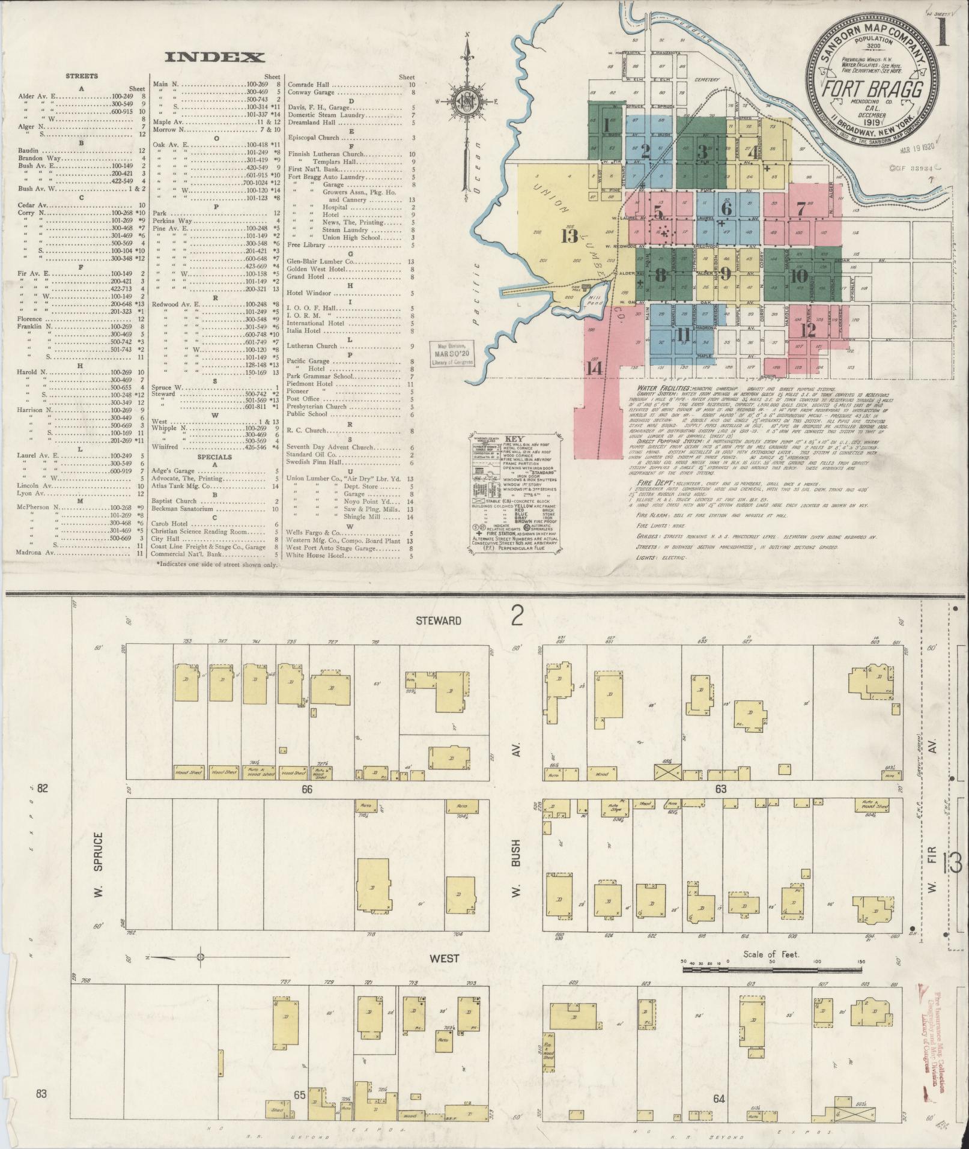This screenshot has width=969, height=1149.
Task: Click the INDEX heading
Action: coord(214,58)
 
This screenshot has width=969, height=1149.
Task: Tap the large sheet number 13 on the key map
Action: coord(570,236)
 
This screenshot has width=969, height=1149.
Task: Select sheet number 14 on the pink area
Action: coord(595,368)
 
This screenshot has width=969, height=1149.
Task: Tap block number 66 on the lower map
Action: coord(307,790)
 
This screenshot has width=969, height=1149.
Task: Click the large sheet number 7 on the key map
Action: coord(801,210)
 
